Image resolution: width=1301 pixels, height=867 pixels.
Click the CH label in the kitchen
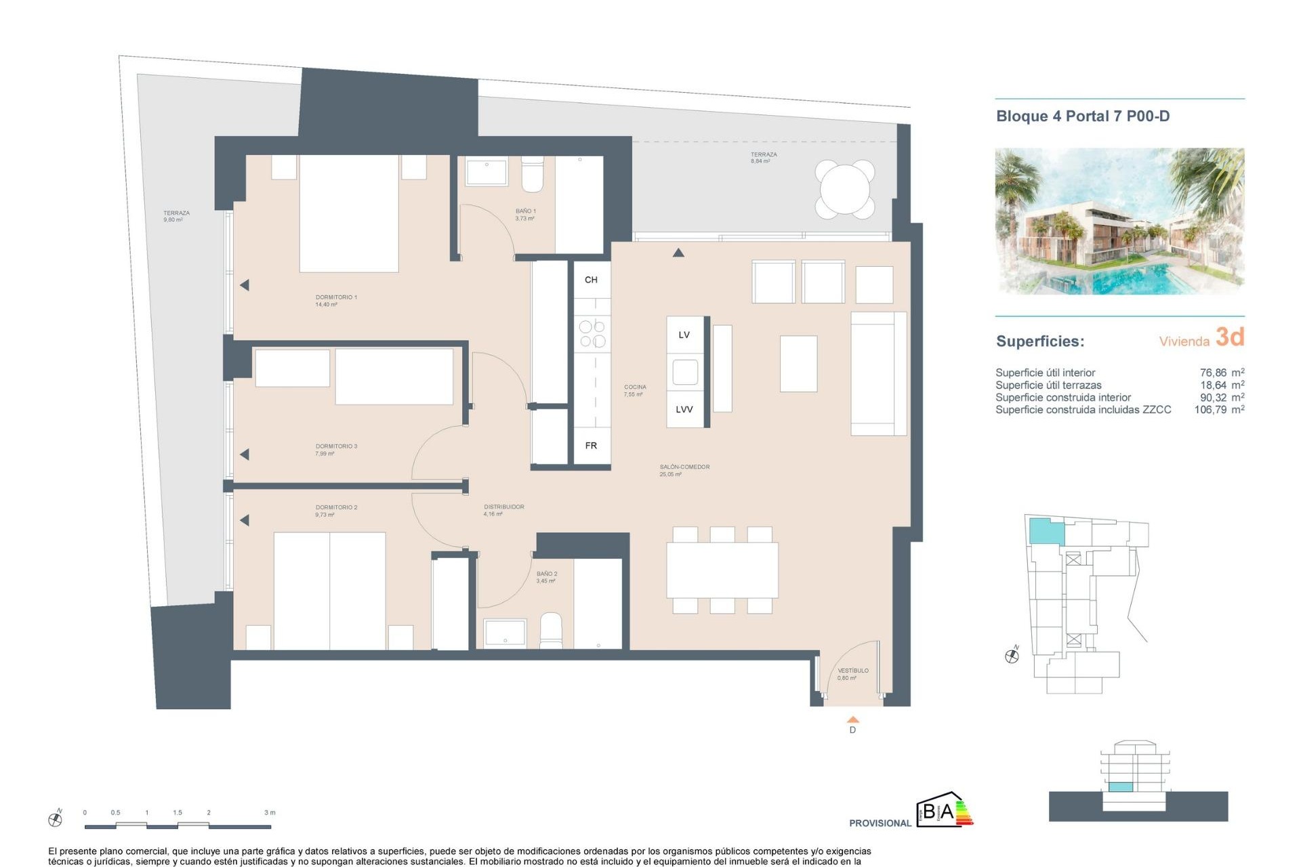click(591, 280)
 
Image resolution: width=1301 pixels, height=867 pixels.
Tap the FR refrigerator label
click(591, 446)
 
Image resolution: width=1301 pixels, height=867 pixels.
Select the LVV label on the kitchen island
click(684, 409)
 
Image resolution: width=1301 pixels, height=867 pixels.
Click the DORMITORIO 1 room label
click(335, 297)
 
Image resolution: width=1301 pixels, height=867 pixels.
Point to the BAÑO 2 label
click(546, 574)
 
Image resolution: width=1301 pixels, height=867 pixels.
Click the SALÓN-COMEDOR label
click(684, 467)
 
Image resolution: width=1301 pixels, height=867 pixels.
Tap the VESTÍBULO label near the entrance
click(852, 671)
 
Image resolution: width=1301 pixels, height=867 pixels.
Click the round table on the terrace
click(845, 189)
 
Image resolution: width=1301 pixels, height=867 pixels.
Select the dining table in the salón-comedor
click(722, 570)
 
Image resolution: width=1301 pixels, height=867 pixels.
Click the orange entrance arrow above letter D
click(852, 720)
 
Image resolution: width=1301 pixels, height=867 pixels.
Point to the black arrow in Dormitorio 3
click(245, 454)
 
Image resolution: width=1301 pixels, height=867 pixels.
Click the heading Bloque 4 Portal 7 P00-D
click(1082, 116)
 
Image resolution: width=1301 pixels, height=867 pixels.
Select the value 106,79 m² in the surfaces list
click(1218, 410)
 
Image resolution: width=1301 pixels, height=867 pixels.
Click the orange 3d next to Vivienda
click(1229, 337)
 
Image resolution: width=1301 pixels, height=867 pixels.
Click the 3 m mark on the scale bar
click(270, 812)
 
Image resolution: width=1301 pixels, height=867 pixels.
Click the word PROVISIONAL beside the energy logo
click(880, 823)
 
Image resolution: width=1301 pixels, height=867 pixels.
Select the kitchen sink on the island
click(684, 372)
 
